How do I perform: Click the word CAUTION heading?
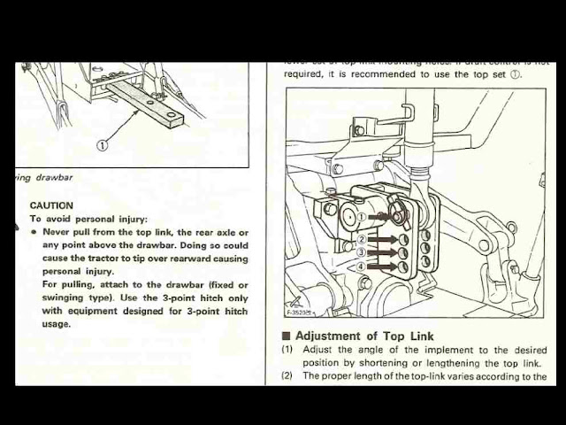[51, 205]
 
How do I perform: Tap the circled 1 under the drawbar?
[103, 146]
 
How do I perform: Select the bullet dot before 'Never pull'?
[34, 233]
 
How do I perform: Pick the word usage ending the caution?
[56, 324]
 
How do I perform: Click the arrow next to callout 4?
[382, 267]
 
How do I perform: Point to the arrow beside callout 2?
[382, 240]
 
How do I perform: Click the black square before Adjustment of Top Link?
[287, 336]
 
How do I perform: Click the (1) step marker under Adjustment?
[288, 350]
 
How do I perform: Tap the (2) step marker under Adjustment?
[288, 376]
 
